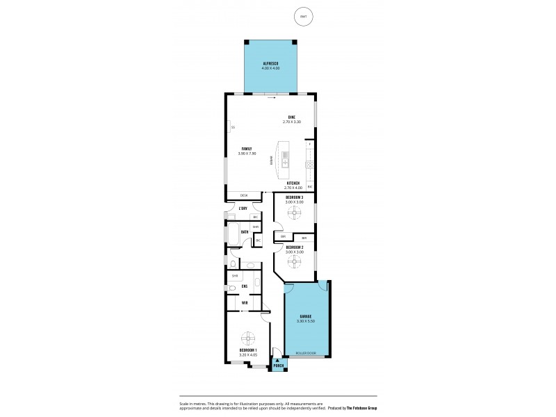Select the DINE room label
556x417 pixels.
(x=291, y=116)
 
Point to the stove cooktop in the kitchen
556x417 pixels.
(x=310, y=165)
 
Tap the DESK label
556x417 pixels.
(x=244, y=195)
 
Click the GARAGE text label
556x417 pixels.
(x=305, y=316)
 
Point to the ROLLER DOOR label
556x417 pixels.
(x=305, y=354)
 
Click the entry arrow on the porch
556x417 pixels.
(x=278, y=359)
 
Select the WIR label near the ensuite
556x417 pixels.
(x=245, y=303)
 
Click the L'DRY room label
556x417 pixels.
(x=243, y=208)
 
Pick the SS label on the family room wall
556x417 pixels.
(x=233, y=127)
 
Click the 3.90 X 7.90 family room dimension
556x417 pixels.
(x=247, y=154)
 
